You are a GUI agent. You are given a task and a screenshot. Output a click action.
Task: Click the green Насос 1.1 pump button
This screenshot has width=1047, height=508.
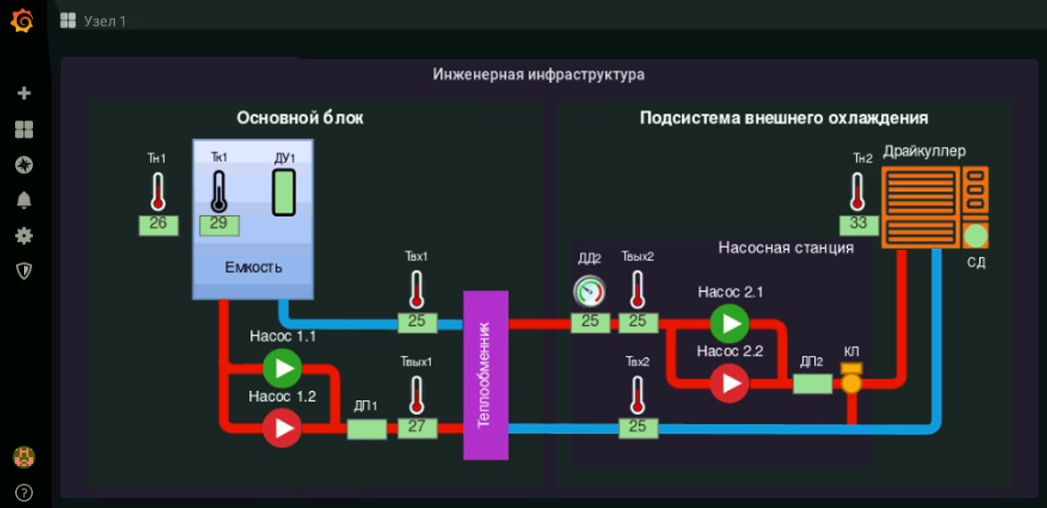click(x=282, y=367)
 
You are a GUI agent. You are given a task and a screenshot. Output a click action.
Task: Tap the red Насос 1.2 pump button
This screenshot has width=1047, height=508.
click(x=282, y=428)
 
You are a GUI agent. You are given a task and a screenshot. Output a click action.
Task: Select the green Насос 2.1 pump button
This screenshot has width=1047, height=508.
click(x=730, y=322)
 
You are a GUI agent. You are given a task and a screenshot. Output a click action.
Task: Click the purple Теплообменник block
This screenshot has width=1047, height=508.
click(x=486, y=375)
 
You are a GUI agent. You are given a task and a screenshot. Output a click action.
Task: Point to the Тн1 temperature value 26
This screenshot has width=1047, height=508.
click(x=158, y=224)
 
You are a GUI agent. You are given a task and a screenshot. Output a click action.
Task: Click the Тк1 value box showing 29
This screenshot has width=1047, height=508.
click(x=219, y=224)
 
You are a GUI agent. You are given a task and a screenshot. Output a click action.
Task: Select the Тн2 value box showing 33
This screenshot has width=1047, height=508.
click(x=859, y=224)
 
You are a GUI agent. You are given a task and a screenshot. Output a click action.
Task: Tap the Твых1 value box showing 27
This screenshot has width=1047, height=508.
click(x=417, y=427)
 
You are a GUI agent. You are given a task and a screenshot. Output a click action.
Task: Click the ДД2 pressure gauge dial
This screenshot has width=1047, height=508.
click(x=589, y=290)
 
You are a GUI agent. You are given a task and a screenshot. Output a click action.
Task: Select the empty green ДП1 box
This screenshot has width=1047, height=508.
click(x=366, y=429)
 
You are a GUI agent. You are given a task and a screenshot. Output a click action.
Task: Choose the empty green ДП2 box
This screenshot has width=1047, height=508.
click(x=812, y=383)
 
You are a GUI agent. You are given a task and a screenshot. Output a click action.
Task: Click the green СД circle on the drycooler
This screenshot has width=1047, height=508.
click(x=976, y=236)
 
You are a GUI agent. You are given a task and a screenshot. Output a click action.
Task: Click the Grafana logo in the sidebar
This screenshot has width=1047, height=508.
click(x=23, y=21)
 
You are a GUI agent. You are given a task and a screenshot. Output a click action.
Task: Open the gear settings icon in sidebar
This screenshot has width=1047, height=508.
click(x=24, y=236)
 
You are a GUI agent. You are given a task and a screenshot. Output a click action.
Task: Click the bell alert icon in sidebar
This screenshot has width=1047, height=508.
click(x=24, y=200)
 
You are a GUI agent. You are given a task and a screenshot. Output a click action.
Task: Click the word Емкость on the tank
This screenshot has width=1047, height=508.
click(x=253, y=267)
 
